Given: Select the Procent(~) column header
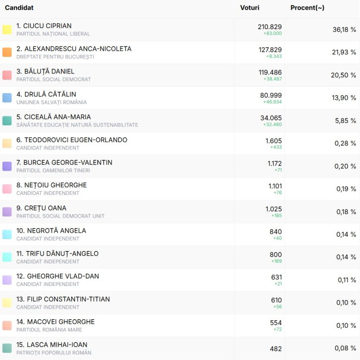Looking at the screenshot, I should [307, 8].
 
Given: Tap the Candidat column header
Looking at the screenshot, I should [19, 8].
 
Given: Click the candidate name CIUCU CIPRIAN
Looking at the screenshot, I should [44, 26].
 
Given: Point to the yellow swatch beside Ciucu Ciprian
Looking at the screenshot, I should [7, 30].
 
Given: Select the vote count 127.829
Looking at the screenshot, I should [270, 49].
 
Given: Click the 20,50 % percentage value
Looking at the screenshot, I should [344, 75].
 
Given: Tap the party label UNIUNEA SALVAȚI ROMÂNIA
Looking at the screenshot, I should [51, 102].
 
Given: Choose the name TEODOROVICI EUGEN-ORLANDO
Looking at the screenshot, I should [71, 139].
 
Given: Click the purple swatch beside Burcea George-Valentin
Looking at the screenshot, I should [7, 166].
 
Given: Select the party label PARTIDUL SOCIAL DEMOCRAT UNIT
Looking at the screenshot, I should [60, 216].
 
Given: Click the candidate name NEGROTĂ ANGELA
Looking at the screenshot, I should [51, 231].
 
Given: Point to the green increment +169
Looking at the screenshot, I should [276, 261].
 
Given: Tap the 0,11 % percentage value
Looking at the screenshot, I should [346, 280].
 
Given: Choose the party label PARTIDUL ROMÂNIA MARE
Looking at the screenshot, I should [49, 330].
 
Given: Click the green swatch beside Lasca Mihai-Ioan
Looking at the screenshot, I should [7, 348].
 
